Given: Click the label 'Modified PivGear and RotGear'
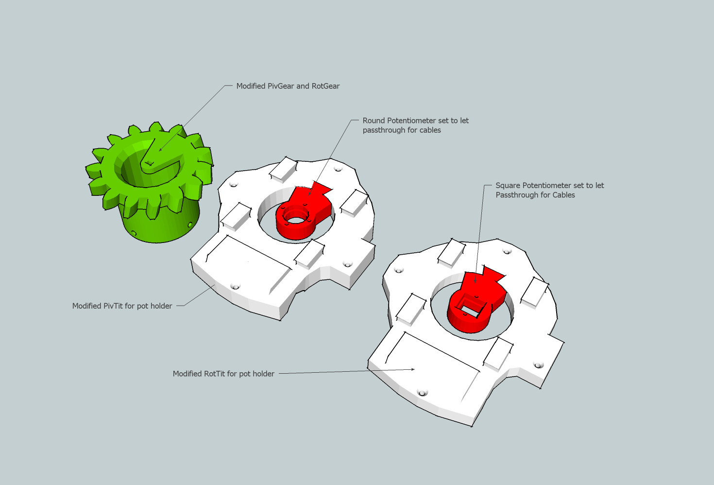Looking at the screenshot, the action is pyautogui.click(x=288, y=86).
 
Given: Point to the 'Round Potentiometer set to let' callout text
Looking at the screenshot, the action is pyautogui.click(x=416, y=121).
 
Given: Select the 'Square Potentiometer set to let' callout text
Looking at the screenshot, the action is pyautogui.click(x=549, y=185).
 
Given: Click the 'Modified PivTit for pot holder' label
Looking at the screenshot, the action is pyautogui.click(x=122, y=306).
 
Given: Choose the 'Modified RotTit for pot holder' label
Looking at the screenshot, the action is pyautogui.click(x=223, y=374).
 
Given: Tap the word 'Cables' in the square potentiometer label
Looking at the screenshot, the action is pyautogui.click(x=563, y=195).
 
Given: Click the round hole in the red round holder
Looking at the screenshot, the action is pyautogui.click(x=296, y=220).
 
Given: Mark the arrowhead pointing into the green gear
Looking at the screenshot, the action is pyautogui.click(x=160, y=150).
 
